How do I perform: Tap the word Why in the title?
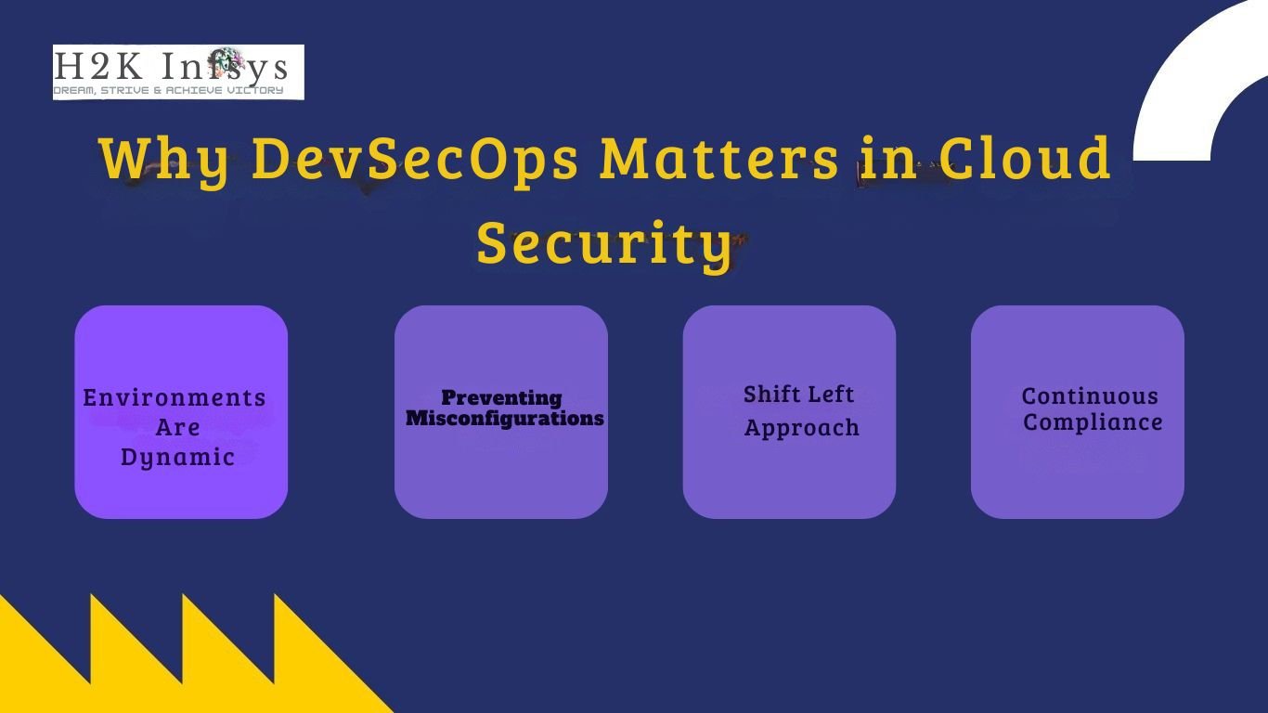165,160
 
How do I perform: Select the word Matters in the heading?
719,158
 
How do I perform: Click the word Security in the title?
604,243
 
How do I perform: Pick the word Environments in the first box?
175,397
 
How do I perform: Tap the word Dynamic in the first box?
177,458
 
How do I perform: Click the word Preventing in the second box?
501,397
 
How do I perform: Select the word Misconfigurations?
505,418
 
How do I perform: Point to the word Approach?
802,428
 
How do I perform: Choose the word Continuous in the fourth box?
1090,396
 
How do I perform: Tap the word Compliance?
1093,422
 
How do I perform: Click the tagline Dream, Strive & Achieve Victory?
168,90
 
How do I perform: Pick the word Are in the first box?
177,428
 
